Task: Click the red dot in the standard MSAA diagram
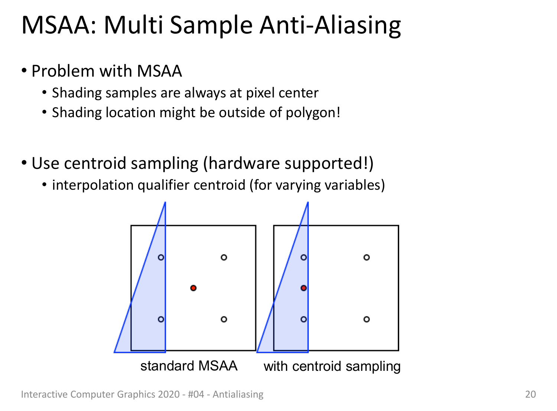click(193, 288)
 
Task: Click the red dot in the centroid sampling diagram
click(304, 288)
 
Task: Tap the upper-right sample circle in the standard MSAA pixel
click(224, 257)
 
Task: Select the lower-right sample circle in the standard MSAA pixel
click(224, 319)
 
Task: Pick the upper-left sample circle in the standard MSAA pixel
click(161, 257)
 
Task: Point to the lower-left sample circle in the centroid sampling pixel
click(304, 319)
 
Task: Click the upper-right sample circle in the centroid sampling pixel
click(367, 257)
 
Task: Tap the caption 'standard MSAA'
click(189, 366)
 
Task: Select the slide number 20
click(530, 394)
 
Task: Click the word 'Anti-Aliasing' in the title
click(330, 25)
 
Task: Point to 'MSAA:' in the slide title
click(59, 25)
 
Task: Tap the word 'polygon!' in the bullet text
click(313, 113)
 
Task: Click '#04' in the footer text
click(196, 394)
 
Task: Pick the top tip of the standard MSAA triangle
click(165, 202)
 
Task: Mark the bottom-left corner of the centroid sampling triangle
click(257, 352)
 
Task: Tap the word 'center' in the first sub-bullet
click(299, 93)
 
